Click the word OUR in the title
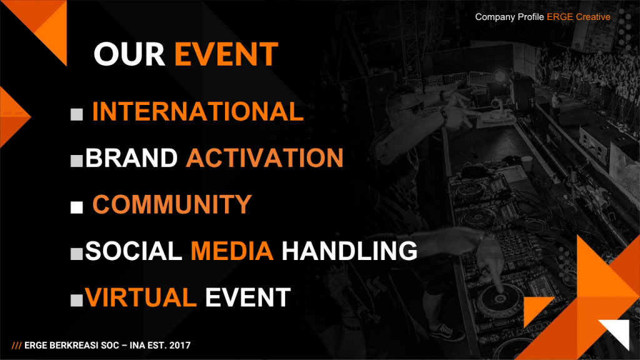[x=129, y=54]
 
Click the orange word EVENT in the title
[x=226, y=54]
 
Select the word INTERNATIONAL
[x=198, y=111]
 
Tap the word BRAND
[x=131, y=158]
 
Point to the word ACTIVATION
[x=264, y=158]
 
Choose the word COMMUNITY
[x=172, y=204]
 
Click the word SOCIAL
[x=134, y=251]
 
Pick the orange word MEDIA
[x=232, y=251]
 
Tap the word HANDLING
[x=349, y=251]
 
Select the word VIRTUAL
[x=141, y=297]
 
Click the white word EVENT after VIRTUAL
[x=247, y=297]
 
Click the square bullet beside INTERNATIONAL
[x=77, y=114]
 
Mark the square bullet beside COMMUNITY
[x=77, y=207]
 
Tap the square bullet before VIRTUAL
[x=77, y=301]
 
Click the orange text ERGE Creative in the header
[x=578, y=17]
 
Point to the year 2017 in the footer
[x=180, y=345]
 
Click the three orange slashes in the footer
[x=16, y=346]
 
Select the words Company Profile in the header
[x=509, y=17]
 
